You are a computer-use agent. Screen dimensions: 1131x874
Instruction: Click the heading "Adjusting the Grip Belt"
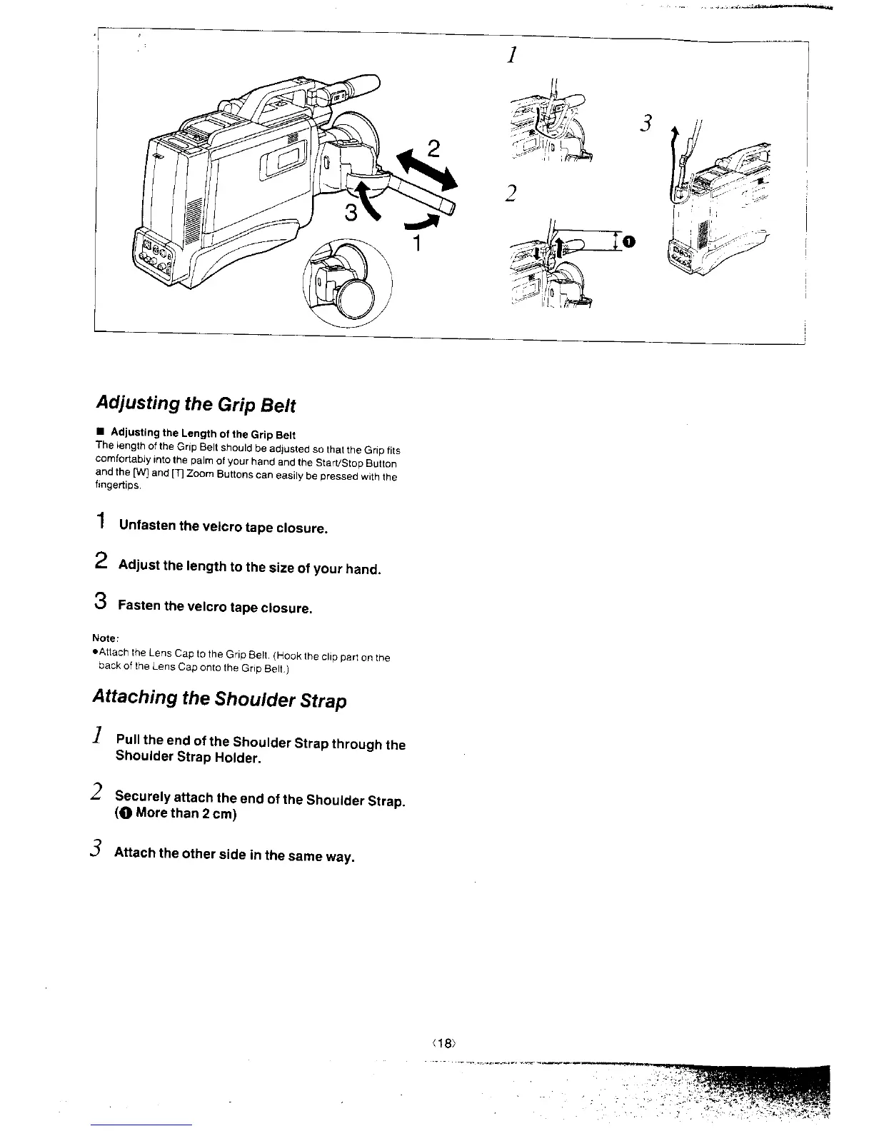[x=195, y=405]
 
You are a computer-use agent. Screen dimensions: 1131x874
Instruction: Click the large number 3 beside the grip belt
[x=352, y=213]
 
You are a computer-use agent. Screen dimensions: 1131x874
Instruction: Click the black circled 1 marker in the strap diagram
[x=628, y=242]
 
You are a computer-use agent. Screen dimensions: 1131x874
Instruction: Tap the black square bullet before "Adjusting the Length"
[x=101, y=433]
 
